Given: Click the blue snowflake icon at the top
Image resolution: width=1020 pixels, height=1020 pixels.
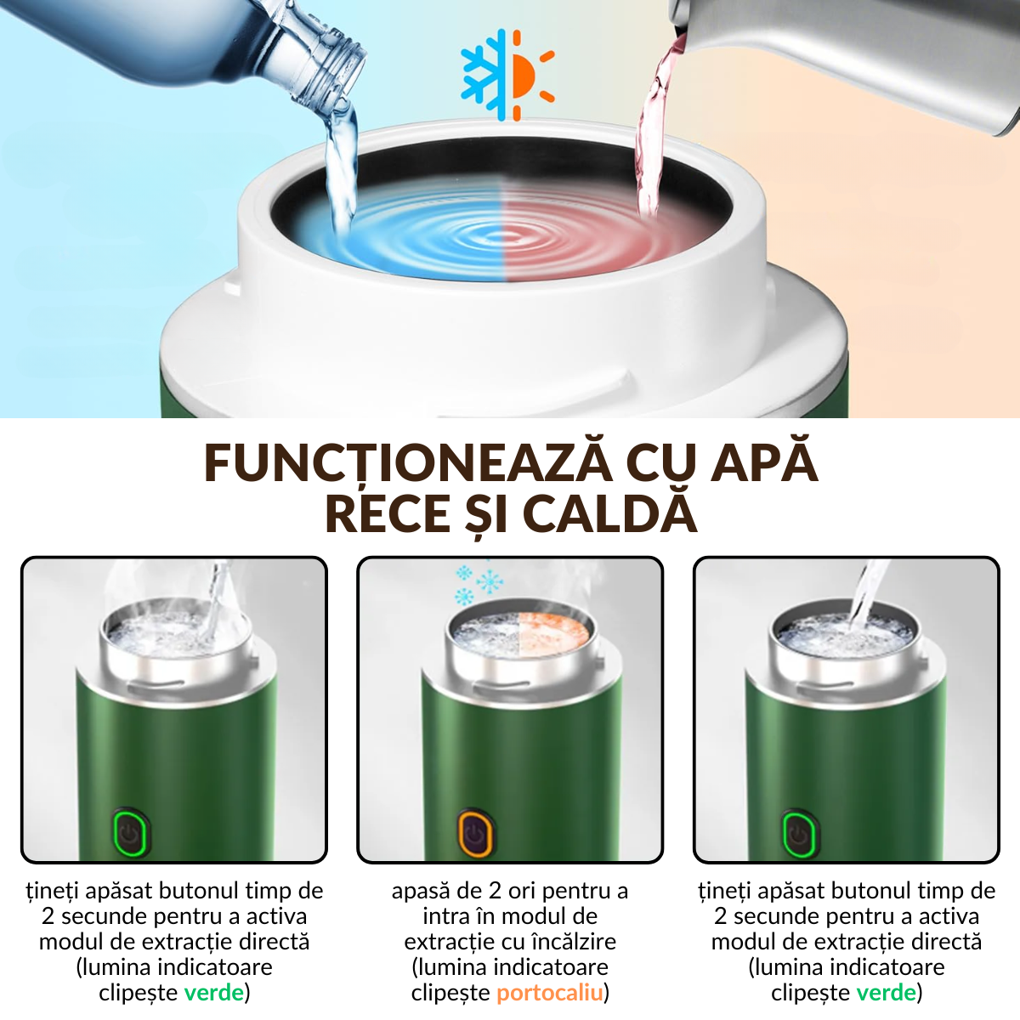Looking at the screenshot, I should coord(484,75).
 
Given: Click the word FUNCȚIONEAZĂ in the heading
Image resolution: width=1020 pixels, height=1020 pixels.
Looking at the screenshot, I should coord(407,463).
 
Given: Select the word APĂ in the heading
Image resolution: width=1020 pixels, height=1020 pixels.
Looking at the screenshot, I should coord(764,463).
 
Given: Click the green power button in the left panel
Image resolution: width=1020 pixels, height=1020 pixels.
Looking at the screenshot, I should coord(130,832).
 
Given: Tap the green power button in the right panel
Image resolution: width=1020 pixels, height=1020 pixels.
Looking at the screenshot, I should coord(798,834).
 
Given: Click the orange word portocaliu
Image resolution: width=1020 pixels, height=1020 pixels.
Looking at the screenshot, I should coord(550,993).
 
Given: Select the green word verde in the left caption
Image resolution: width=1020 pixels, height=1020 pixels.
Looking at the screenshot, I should coord(214,993).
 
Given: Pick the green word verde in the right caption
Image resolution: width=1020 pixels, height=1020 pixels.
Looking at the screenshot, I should coord(887,993).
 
